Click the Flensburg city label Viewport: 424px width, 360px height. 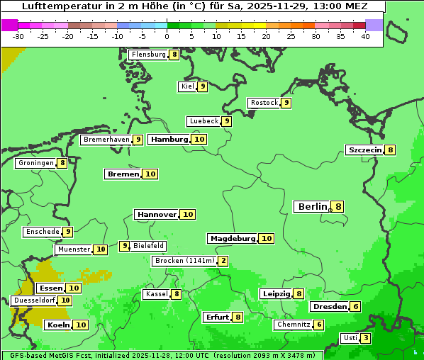tap(148, 55)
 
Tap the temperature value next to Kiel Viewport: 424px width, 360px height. tap(202, 86)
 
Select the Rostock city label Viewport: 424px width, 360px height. tap(264, 103)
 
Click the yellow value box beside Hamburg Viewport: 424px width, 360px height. tap(199, 139)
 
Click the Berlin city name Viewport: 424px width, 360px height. tap(313, 206)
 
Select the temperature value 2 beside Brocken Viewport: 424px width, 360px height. tap(223, 261)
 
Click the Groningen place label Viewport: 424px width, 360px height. tap(37, 163)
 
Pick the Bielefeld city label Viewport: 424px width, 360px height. tap(149, 246)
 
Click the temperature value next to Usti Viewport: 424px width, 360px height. tap(365, 337)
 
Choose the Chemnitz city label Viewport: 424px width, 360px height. tap(294, 325)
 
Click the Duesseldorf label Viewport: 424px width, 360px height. tap(34, 300)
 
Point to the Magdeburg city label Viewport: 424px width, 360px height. tap(233, 238)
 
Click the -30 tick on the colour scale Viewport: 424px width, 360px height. tap(18, 36)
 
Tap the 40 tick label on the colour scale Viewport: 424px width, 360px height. tap(365, 36)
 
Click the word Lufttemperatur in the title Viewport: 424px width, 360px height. tap(55, 6)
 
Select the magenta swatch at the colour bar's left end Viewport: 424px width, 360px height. tap(9, 25)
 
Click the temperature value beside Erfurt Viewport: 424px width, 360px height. tap(238, 317)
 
